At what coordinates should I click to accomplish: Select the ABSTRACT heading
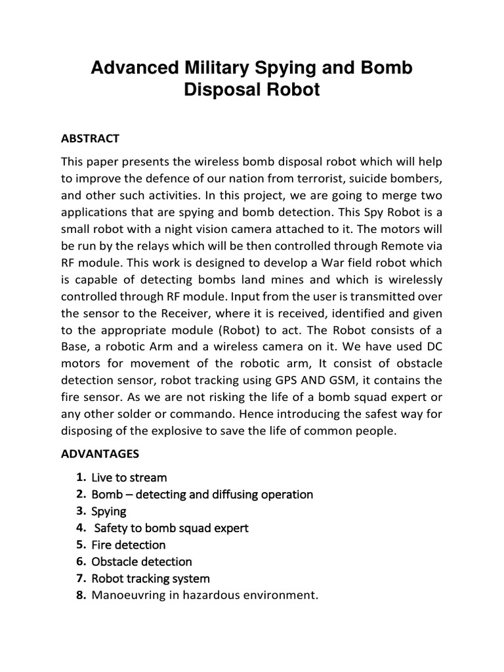pyautogui.click(x=90, y=138)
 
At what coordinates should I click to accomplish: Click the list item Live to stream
pyautogui.click(x=129, y=477)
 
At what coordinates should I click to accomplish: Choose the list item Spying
pyautogui.click(x=109, y=511)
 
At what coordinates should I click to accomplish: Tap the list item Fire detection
pyautogui.click(x=129, y=545)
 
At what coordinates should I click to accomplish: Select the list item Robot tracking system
pyautogui.click(x=150, y=579)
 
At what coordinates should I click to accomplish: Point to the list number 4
pyautogui.click(x=81, y=528)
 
